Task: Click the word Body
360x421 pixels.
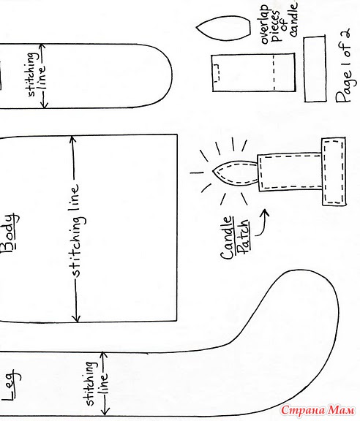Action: coord(10,232)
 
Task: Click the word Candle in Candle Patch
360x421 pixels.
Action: coord(226,238)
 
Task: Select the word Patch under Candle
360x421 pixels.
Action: coord(244,237)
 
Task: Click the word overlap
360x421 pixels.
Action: coord(265,24)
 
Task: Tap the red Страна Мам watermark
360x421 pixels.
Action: coord(318,410)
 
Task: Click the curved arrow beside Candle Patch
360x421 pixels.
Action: coord(262,223)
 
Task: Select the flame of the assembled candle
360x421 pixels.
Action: coord(235,173)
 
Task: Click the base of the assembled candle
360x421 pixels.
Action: coord(334,172)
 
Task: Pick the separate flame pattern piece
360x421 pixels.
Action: coord(224,29)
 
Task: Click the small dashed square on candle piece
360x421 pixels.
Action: coord(217,72)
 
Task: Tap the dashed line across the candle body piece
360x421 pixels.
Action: coord(274,72)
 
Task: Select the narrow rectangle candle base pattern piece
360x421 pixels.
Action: coord(315,69)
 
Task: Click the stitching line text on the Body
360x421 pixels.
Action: coord(76,230)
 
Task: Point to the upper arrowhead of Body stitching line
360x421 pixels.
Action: coord(72,140)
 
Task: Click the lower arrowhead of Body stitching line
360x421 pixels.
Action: coord(77,318)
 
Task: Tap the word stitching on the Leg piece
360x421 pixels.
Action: coord(91,384)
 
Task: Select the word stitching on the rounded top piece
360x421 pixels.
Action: coord(31,75)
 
